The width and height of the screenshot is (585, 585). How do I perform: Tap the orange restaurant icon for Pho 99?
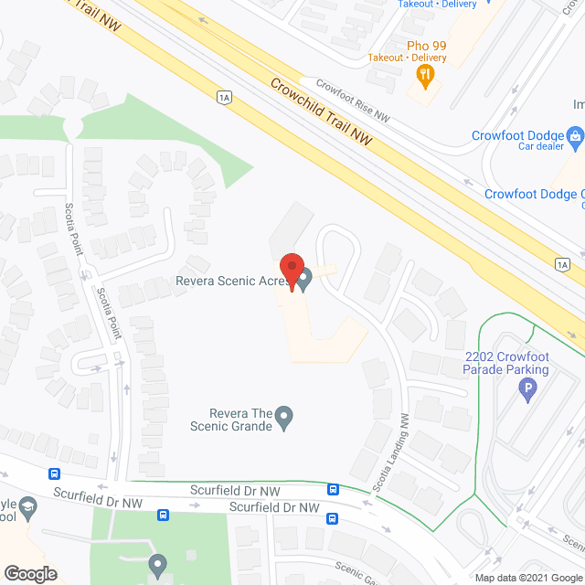[x=423, y=75]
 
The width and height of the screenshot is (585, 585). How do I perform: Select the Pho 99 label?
[x=426, y=45]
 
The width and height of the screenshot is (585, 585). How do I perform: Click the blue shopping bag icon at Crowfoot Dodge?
[x=575, y=139]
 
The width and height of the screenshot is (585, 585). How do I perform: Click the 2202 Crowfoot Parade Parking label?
[x=506, y=363]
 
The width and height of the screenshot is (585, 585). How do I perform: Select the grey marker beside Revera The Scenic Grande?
[x=284, y=419]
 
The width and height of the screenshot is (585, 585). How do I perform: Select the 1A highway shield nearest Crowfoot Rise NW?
[x=223, y=97]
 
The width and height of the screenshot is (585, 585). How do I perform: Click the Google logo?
[x=30, y=574]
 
